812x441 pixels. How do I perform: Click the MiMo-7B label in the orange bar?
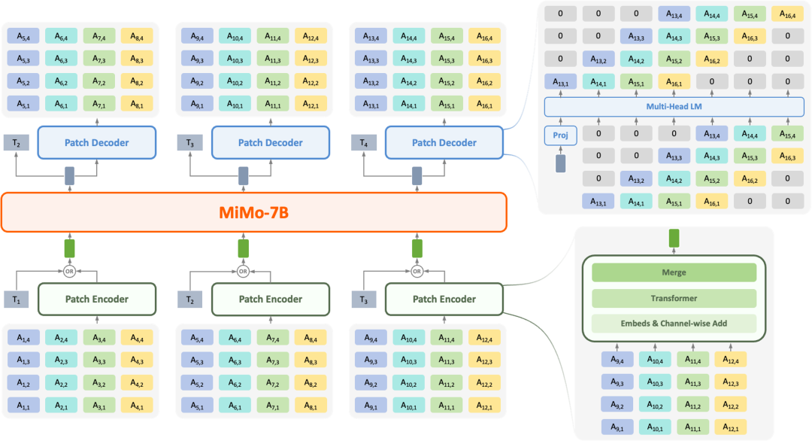tap(255, 213)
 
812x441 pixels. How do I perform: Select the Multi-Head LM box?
tap(674, 108)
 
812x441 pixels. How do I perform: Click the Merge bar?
tap(674, 272)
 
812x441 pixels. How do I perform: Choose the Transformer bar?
tap(674, 298)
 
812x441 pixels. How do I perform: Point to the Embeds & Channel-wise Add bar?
tap(674, 324)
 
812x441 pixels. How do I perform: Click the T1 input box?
tap(17, 300)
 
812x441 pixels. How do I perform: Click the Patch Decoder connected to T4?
tap(444, 142)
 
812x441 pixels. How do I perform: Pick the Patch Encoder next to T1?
tap(96, 299)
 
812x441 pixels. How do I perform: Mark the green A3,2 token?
tap(98, 384)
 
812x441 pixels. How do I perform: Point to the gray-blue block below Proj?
tap(559, 163)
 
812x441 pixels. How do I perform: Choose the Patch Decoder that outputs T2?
tap(96, 142)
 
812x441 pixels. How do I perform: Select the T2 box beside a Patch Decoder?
tap(17, 143)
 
